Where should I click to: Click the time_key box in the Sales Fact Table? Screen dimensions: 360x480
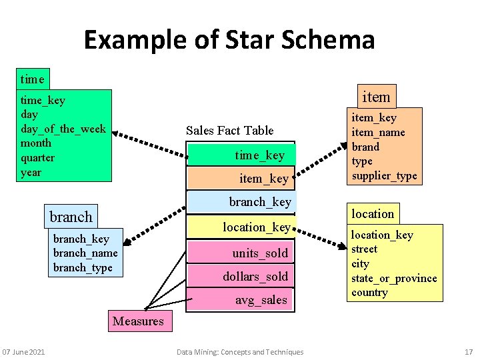click(241, 155)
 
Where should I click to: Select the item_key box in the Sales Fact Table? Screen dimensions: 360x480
click(241, 178)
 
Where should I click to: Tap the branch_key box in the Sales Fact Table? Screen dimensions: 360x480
click(241, 201)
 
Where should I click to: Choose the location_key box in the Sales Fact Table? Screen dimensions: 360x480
click(241, 227)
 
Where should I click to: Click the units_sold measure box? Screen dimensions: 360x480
click(241, 253)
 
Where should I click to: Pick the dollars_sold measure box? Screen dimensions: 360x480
click(241, 276)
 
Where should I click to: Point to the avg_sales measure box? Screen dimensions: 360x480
click(241, 300)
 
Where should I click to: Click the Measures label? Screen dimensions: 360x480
click(138, 321)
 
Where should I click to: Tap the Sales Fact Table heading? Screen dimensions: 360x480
click(229, 130)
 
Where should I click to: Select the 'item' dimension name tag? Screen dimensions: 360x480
click(375, 97)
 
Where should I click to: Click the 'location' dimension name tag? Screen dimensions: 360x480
click(373, 213)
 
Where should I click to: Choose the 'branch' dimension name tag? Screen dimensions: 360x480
click(71, 217)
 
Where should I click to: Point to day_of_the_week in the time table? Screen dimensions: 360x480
click(63, 129)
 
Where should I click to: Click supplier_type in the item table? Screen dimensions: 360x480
click(384, 175)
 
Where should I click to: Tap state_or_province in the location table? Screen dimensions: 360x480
click(394, 278)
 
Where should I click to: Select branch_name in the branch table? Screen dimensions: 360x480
click(85, 253)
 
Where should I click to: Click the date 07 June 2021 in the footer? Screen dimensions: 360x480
click(23, 352)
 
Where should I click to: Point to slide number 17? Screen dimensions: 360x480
click(468, 352)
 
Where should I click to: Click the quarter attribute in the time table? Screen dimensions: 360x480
click(38, 157)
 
